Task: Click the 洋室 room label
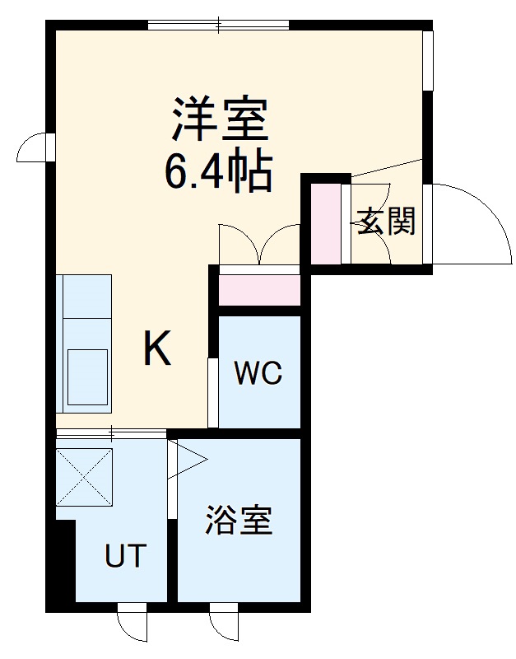219,120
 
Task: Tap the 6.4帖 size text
219,171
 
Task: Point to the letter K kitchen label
157,349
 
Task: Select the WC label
258,374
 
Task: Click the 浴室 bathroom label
239,521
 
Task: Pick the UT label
125,556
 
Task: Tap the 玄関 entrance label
385,222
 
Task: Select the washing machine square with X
84,477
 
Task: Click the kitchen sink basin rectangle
87,376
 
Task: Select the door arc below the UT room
132,624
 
